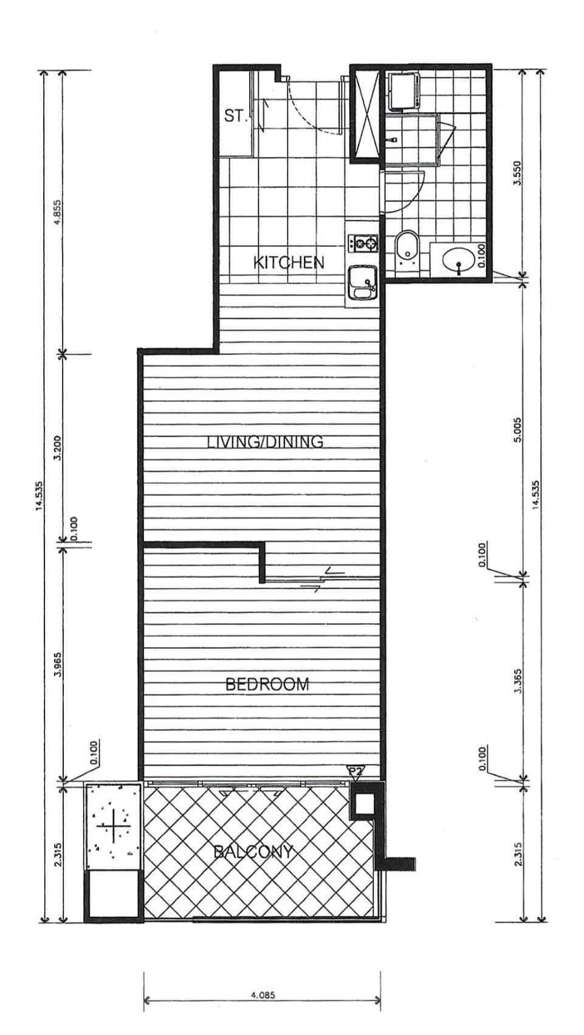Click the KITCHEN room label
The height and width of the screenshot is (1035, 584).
289,263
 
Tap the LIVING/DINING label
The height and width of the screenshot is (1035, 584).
265,441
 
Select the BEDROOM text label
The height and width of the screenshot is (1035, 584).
267,684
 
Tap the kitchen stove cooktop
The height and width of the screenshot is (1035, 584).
363,243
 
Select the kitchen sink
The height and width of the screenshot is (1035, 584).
363,283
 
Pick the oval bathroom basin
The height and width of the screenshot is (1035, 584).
458,261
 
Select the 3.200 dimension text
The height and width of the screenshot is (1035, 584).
57,448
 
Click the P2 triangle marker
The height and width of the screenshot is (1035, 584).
354,770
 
